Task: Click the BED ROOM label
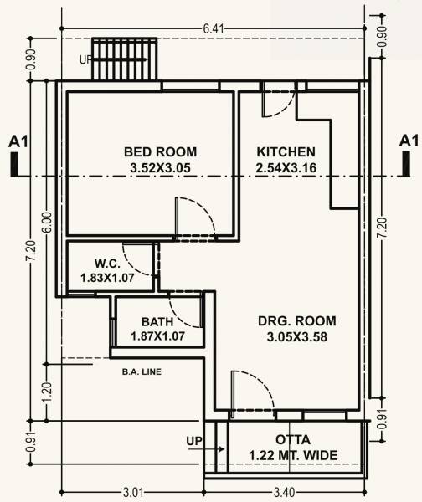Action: coord(160,152)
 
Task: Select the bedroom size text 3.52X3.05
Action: coord(160,168)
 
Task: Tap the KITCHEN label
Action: coord(286,152)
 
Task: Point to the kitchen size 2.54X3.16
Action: coord(286,168)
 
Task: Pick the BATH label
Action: coord(157,322)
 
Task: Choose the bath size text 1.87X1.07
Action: coord(157,336)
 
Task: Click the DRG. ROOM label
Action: coord(299,321)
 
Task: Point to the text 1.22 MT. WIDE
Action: coord(293,455)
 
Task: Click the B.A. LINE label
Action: coord(141,371)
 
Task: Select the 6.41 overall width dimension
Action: coord(214,29)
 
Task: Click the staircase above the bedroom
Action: coord(125,59)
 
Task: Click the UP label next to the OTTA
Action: coord(193,440)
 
